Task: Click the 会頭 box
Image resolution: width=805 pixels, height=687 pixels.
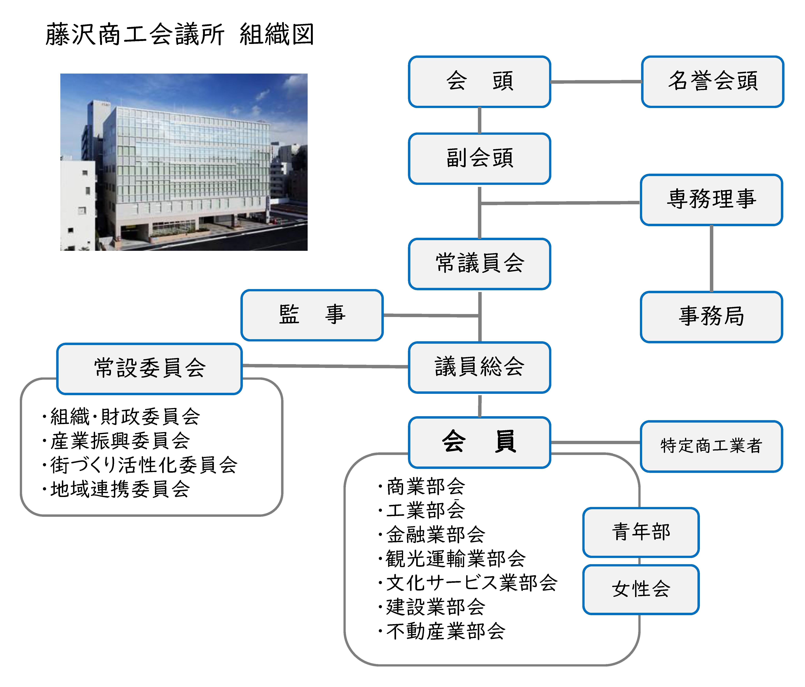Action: point(479,81)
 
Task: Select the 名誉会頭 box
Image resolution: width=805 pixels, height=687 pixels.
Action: point(712,81)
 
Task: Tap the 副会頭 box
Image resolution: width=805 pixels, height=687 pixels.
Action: point(479,158)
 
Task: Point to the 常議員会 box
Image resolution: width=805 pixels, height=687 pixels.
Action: point(479,264)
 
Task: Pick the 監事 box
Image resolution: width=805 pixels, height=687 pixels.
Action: point(312,315)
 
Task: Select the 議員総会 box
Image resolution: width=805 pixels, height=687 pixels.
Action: point(479,367)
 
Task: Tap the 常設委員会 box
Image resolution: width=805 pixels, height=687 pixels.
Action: point(150,368)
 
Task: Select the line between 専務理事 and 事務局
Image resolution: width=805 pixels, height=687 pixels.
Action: point(711,258)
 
